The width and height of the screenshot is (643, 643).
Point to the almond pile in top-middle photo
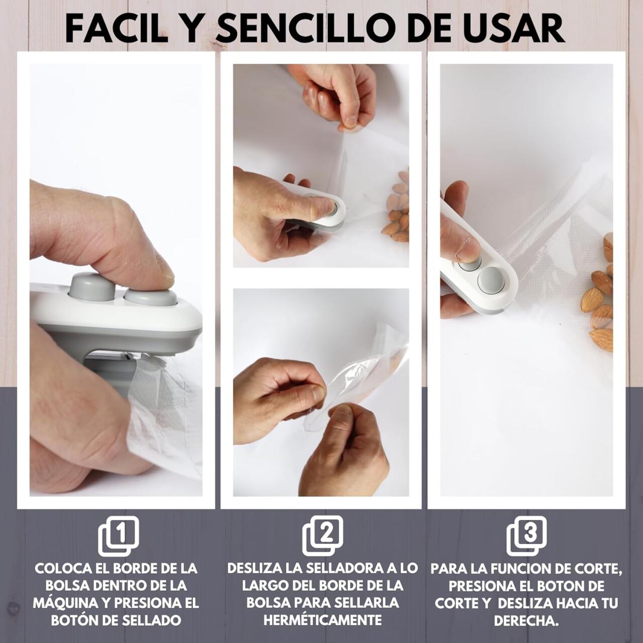396,211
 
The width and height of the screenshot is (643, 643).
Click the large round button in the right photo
490,280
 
